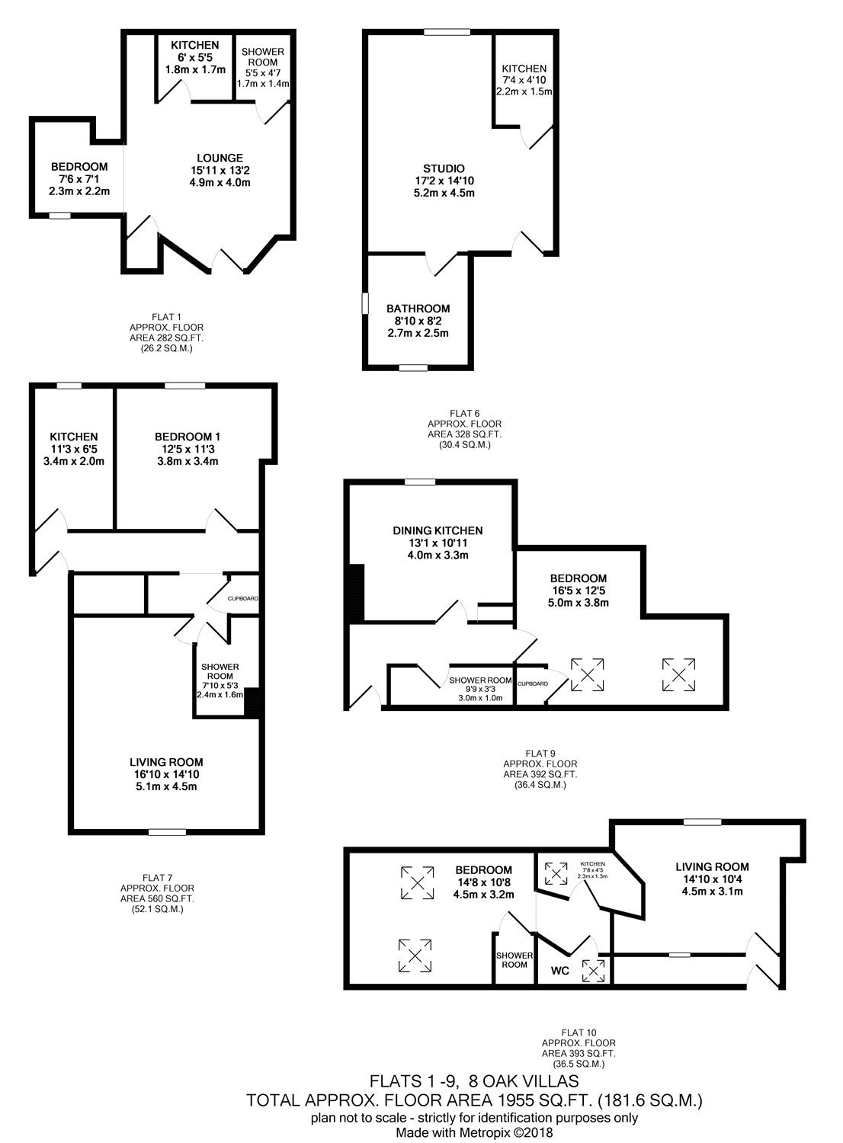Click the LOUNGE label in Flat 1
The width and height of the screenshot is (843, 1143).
(220, 158)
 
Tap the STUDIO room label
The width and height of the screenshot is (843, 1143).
(444, 168)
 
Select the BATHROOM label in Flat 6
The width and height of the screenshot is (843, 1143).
(418, 308)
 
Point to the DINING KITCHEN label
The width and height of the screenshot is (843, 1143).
(438, 530)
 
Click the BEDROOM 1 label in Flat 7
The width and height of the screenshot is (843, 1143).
(188, 437)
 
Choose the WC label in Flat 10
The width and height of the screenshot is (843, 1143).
(559, 971)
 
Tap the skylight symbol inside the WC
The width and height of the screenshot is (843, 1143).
(594, 971)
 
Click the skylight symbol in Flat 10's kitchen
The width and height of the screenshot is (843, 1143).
(556, 873)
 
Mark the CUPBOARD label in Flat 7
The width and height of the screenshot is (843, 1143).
(243, 598)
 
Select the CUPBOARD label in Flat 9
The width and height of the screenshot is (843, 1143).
(532, 684)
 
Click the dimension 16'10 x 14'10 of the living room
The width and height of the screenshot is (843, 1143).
(166, 774)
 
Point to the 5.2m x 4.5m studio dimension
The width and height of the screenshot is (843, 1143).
(444, 193)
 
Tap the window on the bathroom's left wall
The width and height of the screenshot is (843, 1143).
(365, 303)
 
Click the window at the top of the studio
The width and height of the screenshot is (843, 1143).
(447, 32)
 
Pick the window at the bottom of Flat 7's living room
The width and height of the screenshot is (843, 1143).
(168, 832)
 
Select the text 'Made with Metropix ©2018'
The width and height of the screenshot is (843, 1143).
(475, 1132)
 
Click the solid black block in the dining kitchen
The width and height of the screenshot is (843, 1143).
(356, 593)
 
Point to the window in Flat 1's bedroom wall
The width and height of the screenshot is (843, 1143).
(59, 216)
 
